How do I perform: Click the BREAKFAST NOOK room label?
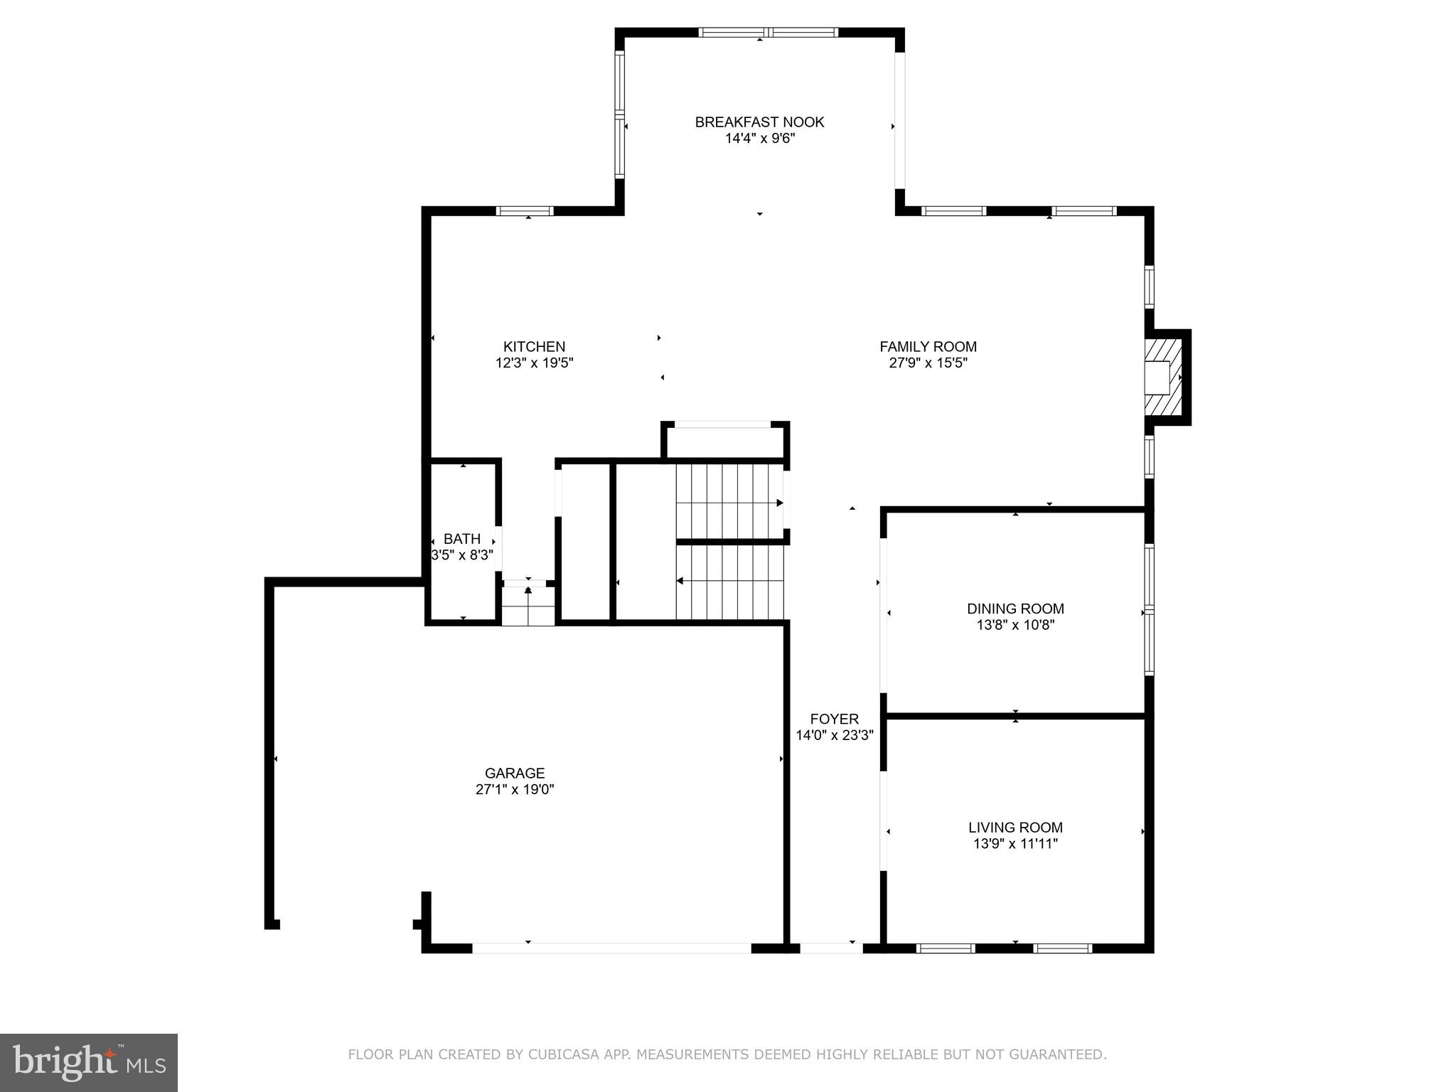[759, 122]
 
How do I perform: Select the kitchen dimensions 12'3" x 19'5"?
[534, 363]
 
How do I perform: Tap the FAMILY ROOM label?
[928, 347]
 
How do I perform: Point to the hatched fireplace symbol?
[1164, 377]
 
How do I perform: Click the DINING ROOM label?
[1015, 609]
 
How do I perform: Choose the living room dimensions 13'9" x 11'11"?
[1015, 844]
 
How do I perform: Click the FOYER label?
[834, 719]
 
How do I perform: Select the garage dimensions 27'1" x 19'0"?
[515, 789]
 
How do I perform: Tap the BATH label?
[462, 539]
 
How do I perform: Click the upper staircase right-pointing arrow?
[779, 503]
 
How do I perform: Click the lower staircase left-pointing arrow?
[680, 581]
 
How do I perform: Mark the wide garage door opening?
[611, 948]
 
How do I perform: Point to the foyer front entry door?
[831, 948]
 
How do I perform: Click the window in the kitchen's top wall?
[525, 210]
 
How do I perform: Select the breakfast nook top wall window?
[768, 32]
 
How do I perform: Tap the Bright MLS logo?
[89, 1062]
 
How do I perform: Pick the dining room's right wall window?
[1149, 609]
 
